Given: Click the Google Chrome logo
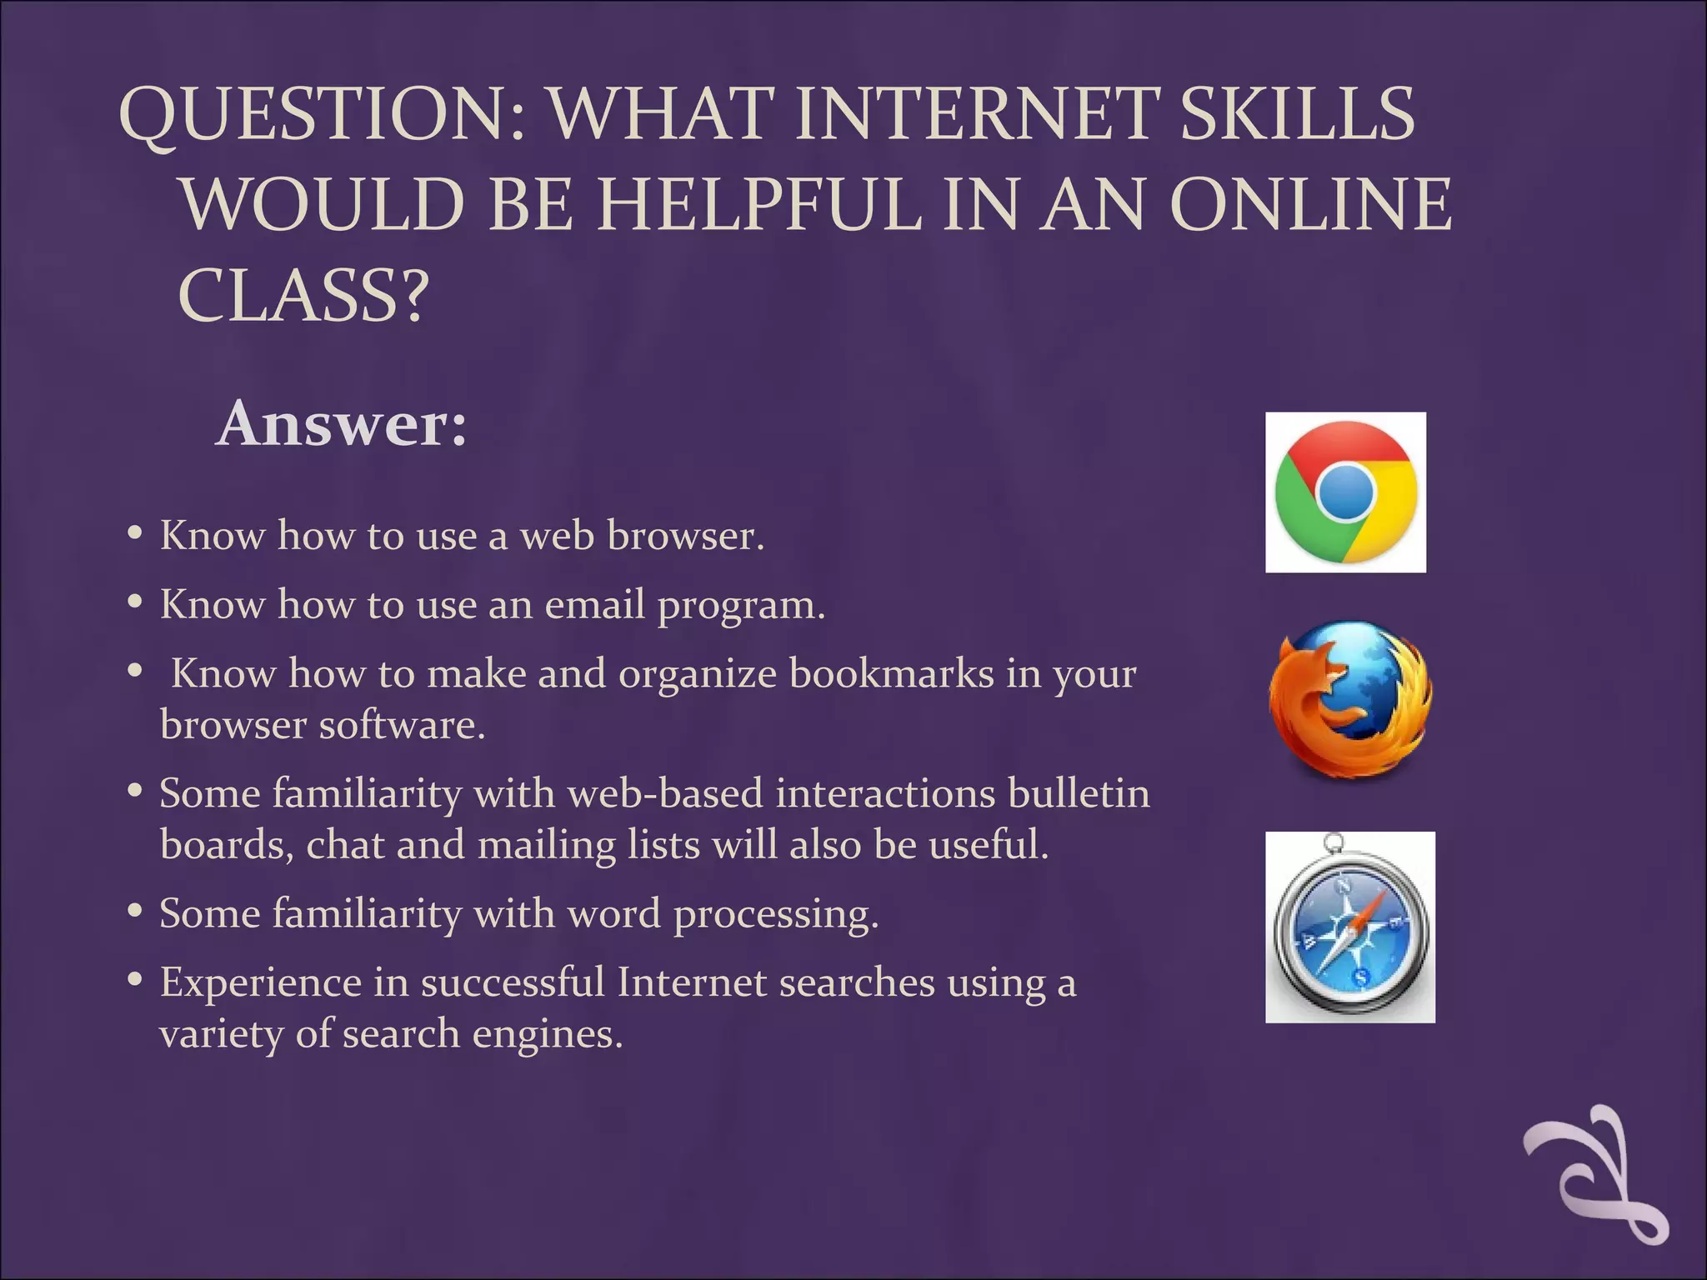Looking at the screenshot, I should (1345, 492).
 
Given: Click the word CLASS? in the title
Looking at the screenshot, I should (303, 297).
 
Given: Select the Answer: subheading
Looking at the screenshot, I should (341, 424).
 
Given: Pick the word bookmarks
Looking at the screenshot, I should (891, 673).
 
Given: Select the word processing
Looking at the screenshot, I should (776, 914).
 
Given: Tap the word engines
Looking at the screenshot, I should (548, 1035).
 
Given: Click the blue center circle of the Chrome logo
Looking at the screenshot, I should (1345, 492).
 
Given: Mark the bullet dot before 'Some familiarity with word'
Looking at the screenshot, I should (135, 911).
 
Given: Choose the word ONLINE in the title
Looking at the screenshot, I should (1311, 205).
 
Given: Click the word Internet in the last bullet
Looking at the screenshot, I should (692, 982).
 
